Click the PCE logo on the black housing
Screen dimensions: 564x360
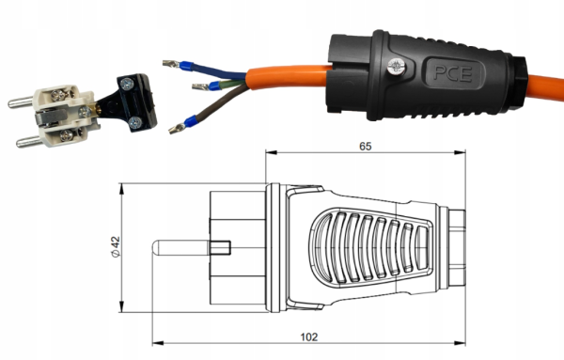click(452, 73)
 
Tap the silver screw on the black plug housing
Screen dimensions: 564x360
click(397, 67)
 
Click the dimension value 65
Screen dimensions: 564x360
click(365, 147)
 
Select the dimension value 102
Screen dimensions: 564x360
click(309, 337)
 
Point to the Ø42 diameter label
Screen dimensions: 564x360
click(116, 246)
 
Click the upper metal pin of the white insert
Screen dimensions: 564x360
click(21, 102)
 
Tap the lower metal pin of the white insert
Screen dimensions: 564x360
click(29, 142)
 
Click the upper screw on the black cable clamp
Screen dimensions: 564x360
click(127, 85)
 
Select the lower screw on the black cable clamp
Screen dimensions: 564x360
click(136, 122)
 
